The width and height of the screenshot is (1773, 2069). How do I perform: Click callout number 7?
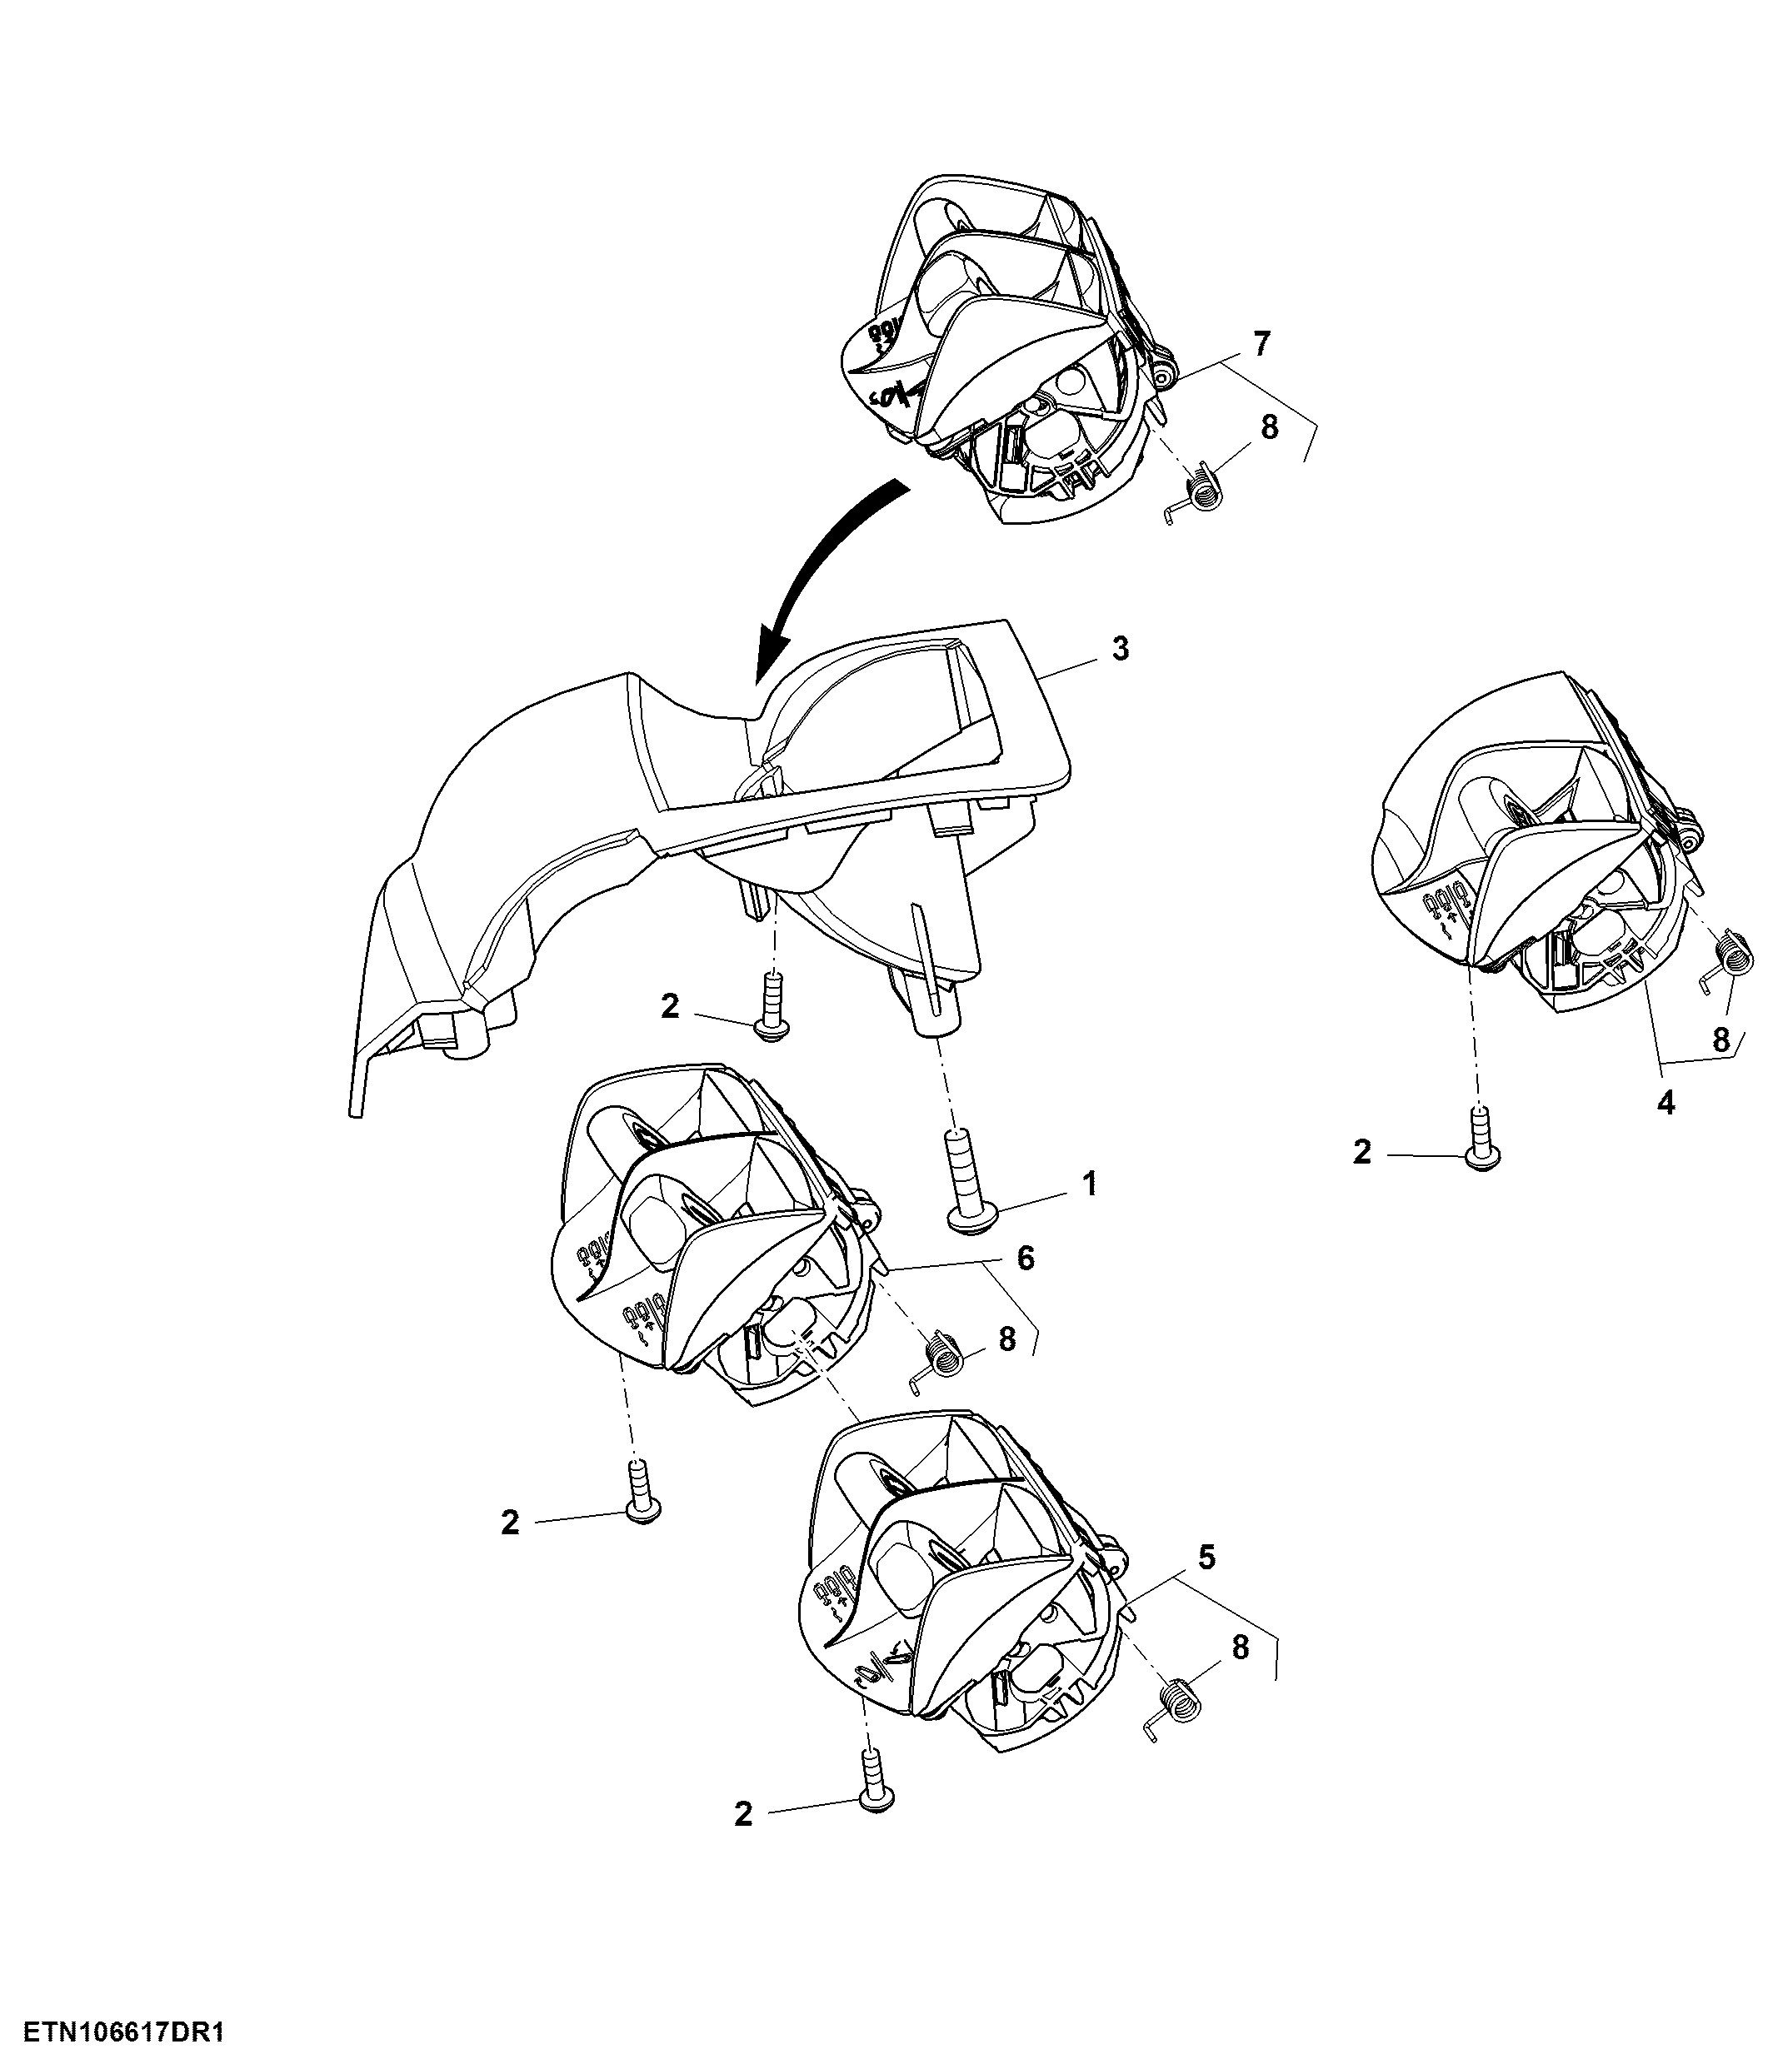click(x=1261, y=345)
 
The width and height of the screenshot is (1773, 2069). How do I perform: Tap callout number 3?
click(x=1121, y=649)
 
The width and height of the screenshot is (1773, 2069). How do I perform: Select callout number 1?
click(x=1091, y=1184)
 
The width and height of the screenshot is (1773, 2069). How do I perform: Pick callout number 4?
click(x=1666, y=1104)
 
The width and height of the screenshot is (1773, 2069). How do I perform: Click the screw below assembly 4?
click(x=1482, y=1139)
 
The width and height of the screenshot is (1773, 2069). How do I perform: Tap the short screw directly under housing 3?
click(x=772, y=1006)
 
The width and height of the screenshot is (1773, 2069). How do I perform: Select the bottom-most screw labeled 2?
click(x=876, y=1782)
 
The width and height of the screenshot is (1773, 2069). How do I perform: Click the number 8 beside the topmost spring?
click(x=1269, y=428)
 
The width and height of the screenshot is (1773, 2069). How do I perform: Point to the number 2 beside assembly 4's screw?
click(x=1361, y=1154)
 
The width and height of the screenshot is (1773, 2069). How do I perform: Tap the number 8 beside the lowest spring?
click(x=1240, y=1648)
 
